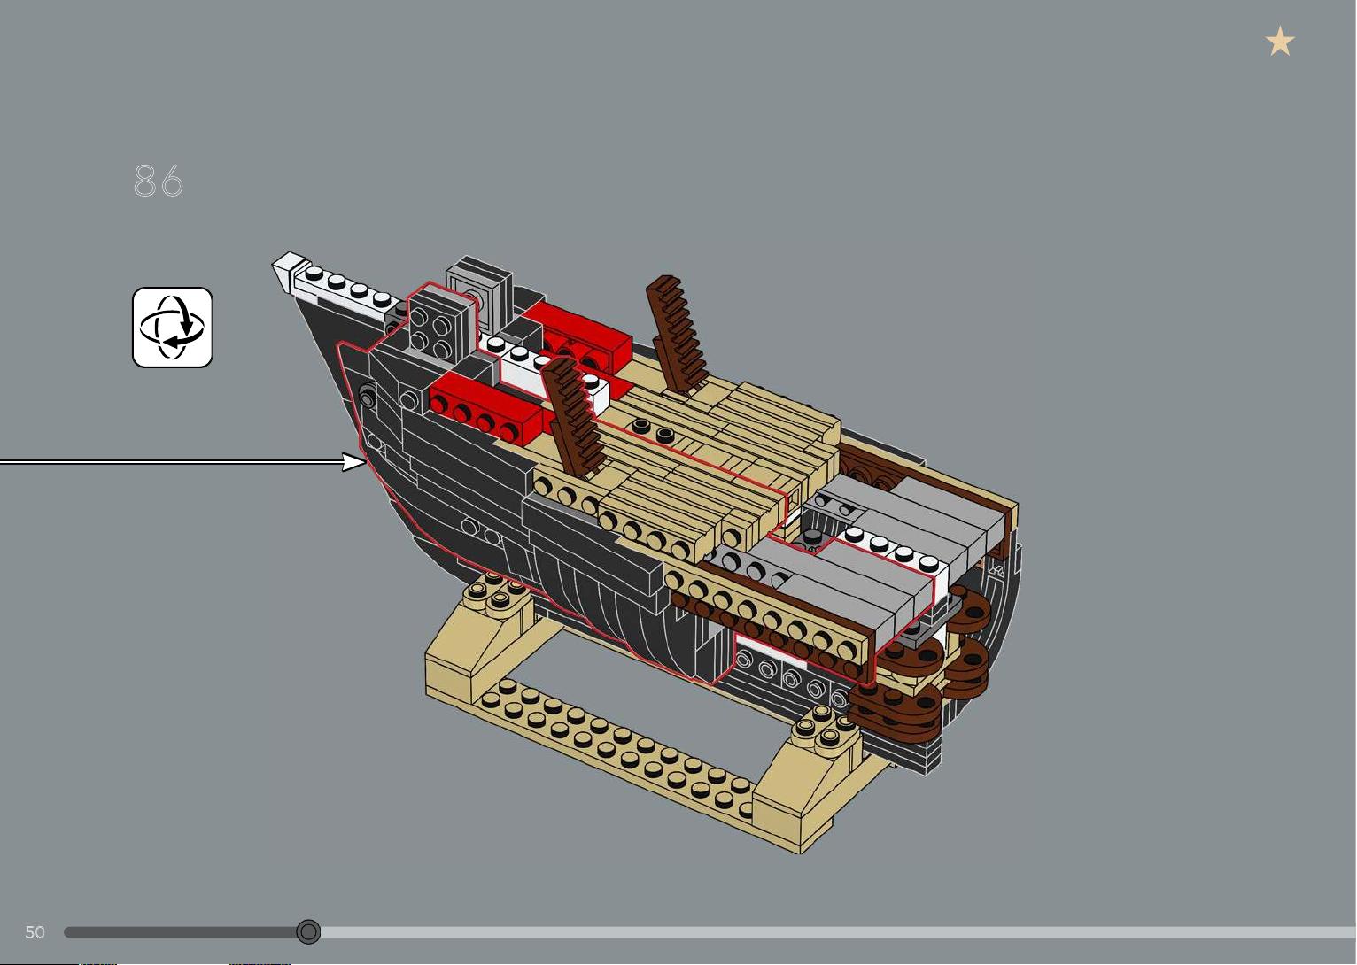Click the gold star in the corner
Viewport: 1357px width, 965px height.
[1280, 41]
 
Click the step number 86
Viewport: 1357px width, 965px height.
[159, 181]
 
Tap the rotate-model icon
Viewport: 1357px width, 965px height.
[173, 327]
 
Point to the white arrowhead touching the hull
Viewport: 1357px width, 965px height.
[354, 462]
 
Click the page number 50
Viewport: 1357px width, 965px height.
[35, 931]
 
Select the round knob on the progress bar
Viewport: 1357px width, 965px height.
[308, 931]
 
